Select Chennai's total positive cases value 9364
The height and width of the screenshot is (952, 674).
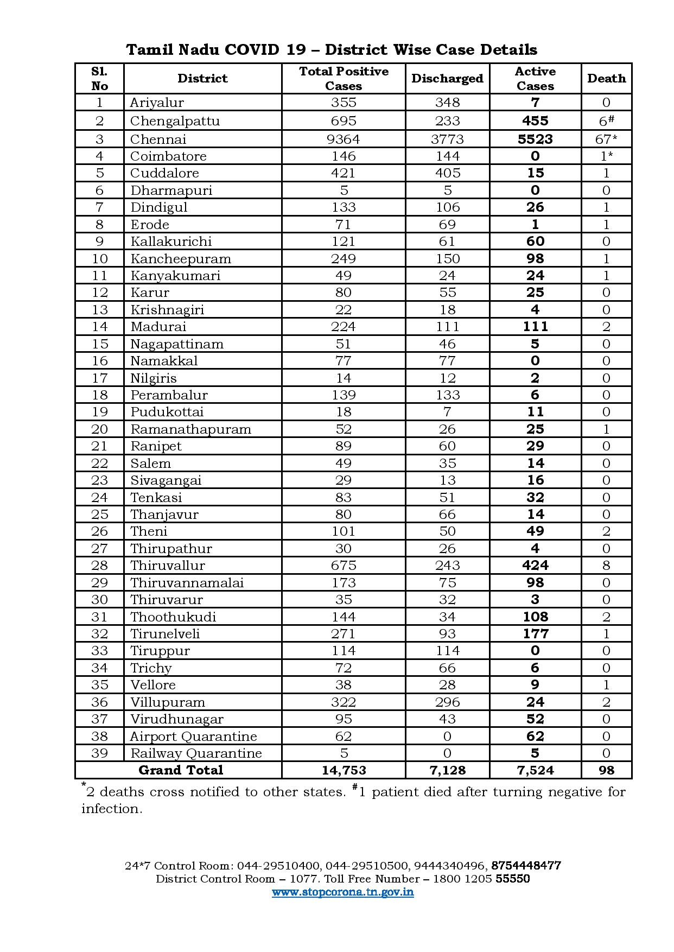pos(344,139)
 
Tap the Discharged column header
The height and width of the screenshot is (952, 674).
pos(447,79)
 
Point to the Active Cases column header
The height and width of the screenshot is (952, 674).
pos(535,79)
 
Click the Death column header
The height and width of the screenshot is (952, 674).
pos(606,79)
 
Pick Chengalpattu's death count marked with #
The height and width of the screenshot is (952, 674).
pos(606,120)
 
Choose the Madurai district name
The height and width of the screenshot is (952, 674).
pos(158,326)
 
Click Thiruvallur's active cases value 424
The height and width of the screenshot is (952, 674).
pos(535,565)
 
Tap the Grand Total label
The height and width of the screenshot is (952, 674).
pos(181,770)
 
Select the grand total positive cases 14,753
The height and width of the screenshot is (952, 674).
pos(344,770)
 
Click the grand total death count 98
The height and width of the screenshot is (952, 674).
pos(606,770)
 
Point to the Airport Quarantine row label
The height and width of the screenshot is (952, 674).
pos(193,736)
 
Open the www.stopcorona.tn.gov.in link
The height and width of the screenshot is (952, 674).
pos(342,892)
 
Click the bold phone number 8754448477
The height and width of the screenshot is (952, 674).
pos(526,865)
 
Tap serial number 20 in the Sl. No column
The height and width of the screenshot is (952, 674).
pos(99,429)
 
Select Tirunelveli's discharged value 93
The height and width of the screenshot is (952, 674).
pos(447,633)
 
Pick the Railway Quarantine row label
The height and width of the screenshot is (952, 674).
pos(196,753)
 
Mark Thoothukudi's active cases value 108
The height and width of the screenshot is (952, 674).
pos(535,617)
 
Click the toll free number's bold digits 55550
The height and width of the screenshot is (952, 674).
pos(513,879)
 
